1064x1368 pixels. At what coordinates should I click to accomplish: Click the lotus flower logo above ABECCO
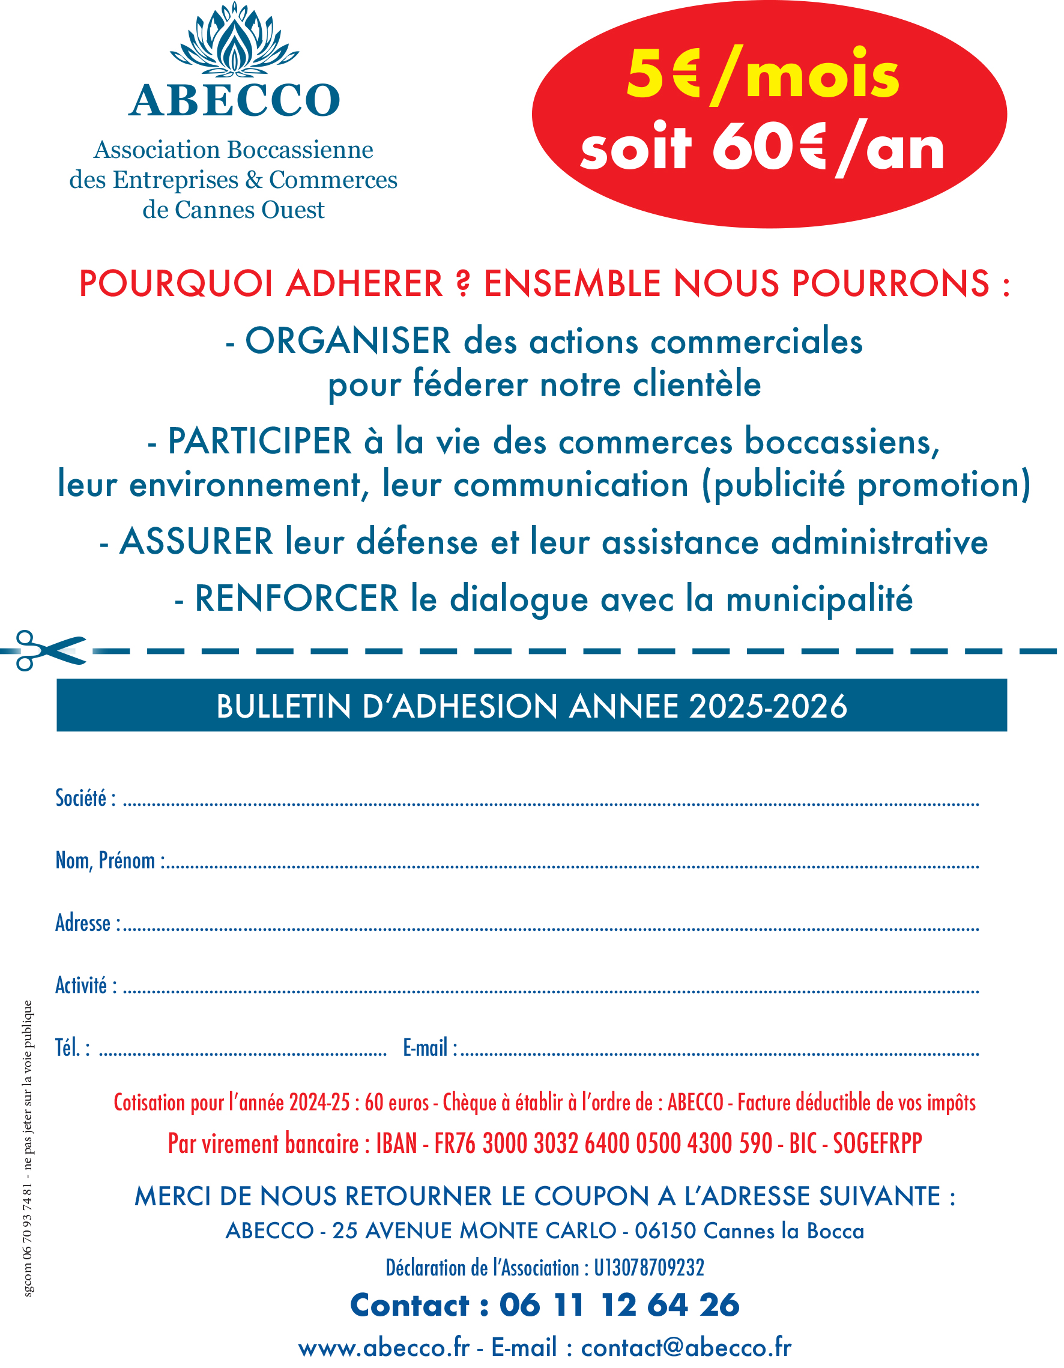coord(234,39)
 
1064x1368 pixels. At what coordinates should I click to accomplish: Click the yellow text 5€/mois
coord(763,75)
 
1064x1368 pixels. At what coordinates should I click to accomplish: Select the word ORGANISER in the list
coord(348,342)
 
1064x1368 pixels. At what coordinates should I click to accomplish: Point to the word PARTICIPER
coord(259,441)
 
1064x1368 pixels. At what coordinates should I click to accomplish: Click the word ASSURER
coord(196,542)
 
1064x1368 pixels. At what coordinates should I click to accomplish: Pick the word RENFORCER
coord(296,599)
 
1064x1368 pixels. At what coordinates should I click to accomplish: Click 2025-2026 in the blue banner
coord(768,707)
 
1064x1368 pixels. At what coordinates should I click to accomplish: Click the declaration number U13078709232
coord(649,1268)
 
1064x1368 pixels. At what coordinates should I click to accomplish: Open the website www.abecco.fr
coord(383,1348)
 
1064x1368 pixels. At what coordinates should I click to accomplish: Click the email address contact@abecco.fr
coord(686,1348)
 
